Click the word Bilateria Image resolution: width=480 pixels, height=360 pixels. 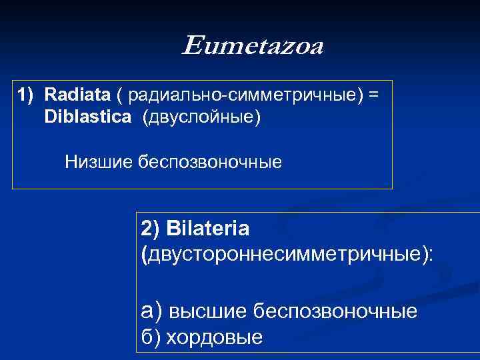tap(209, 229)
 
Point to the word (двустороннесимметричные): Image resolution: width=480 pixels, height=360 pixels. tap(287, 254)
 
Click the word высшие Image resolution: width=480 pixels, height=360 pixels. tap(209, 311)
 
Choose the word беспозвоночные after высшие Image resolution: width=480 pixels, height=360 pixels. tap(337, 311)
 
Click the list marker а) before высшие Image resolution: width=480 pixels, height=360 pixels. tap(151, 311)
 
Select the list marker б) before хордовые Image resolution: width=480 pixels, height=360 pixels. tap(151, 337)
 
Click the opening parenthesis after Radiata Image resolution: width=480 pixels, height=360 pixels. tap(119, 95)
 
